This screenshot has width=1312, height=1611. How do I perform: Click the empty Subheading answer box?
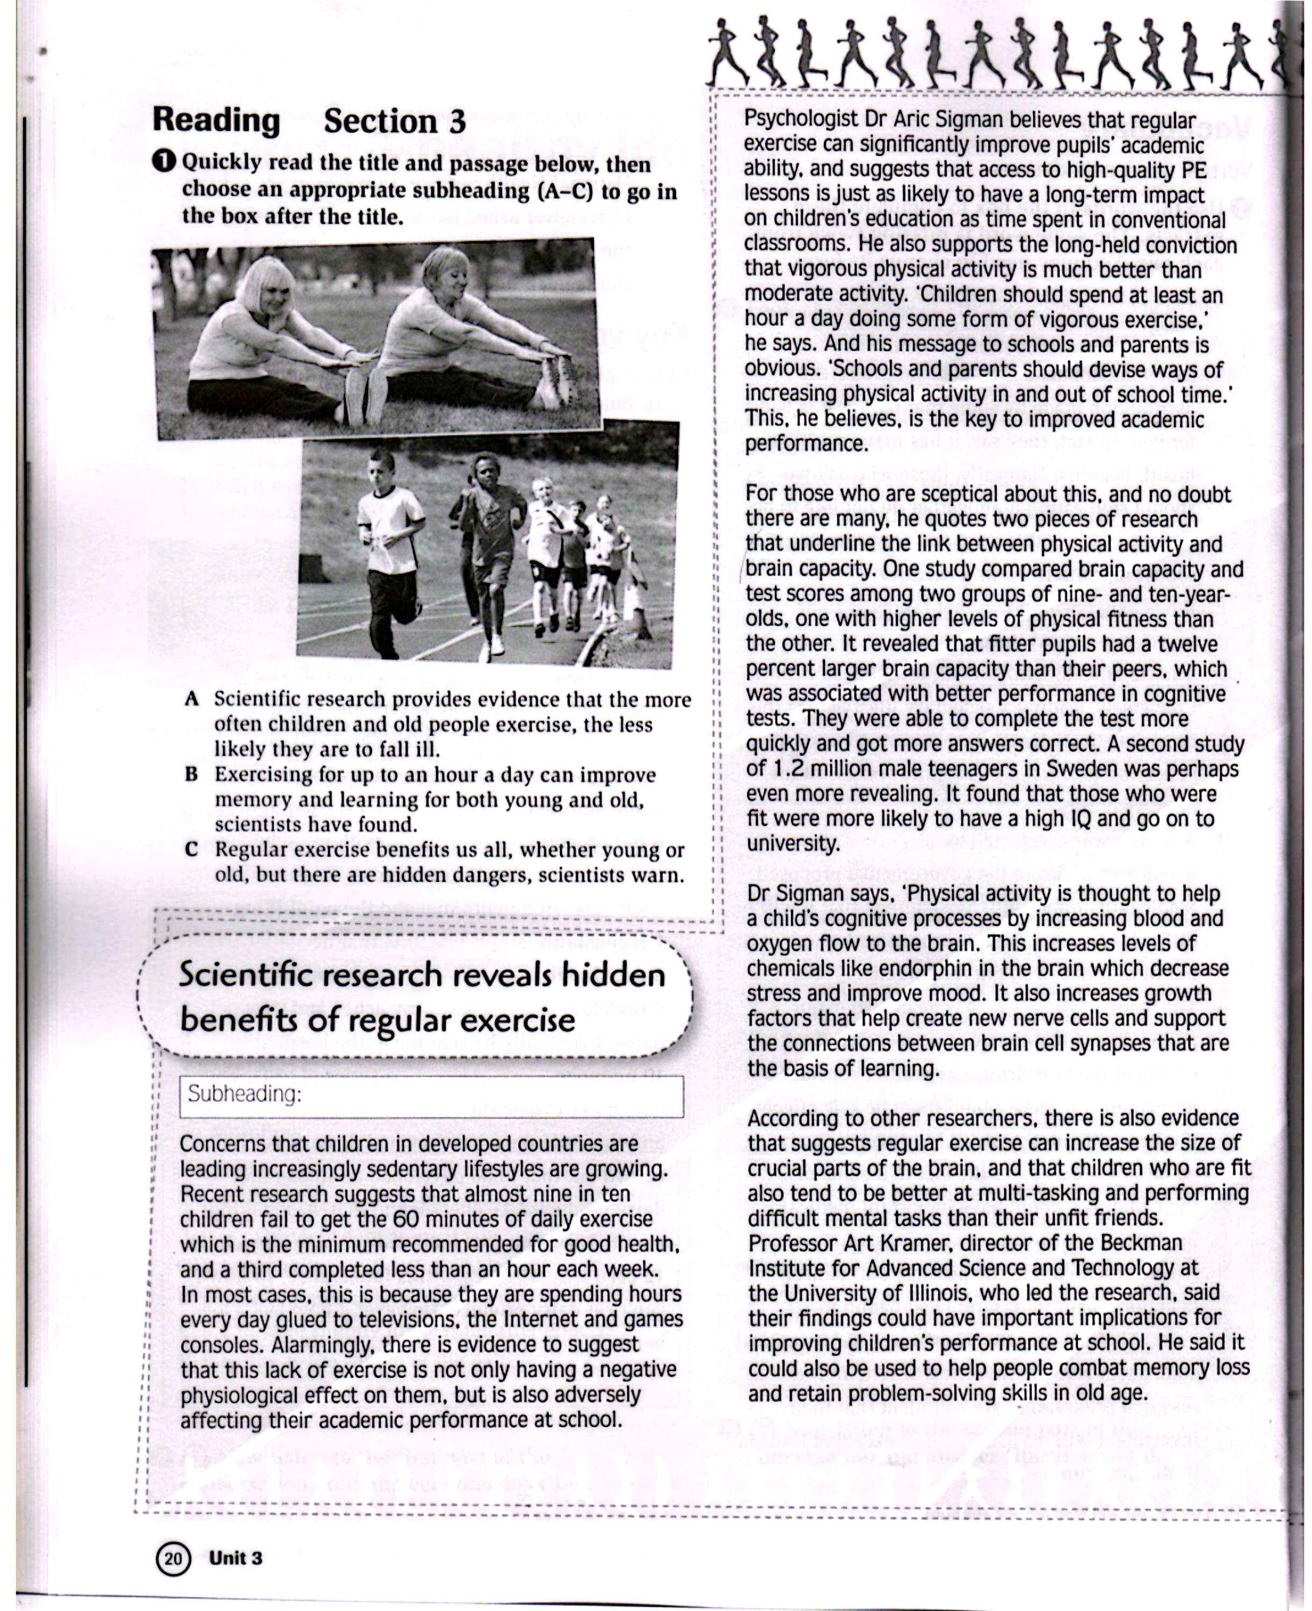tap(432, 1097)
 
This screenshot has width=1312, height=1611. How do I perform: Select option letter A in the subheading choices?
tap(191, 699)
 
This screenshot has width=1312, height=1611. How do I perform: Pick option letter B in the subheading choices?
tap(191, 774)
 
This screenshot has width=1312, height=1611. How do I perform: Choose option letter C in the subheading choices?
tap(191, 850)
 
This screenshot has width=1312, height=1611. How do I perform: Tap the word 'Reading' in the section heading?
tap(216, 120)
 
